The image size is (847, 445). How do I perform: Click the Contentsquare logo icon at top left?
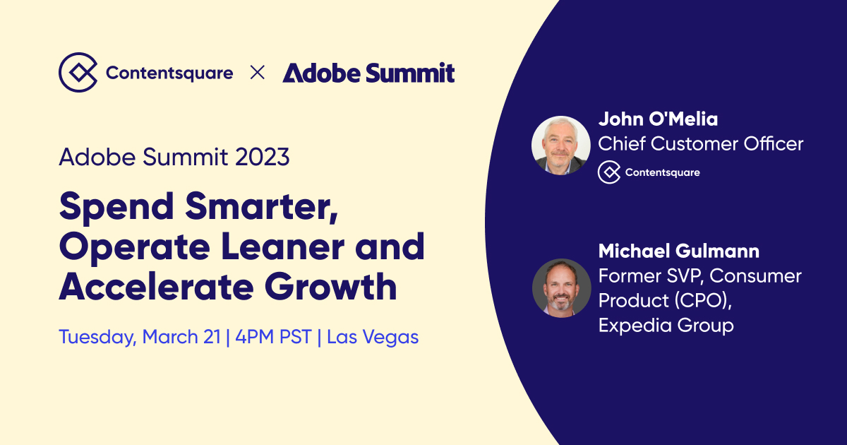[x=78, y=73]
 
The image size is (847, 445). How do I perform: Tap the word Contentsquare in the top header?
[x=169, y=73]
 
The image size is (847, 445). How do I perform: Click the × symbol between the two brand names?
[x=258, y=73]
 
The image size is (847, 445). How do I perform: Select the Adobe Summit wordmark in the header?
[x=368, y=73]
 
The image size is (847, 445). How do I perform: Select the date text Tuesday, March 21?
[x=139, y=337]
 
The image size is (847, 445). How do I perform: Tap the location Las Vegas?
[x=373, y=337]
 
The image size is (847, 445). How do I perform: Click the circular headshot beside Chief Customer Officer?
[x=560, y=145]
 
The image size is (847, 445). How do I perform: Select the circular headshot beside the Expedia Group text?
[x=561, y=287]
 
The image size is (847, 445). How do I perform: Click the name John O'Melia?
[x=658, y=119]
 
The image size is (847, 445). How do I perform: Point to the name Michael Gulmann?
[x=678, y=251]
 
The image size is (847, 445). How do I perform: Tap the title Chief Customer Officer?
[x=700, y=144]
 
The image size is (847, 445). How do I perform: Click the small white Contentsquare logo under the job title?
[x=649, y=172]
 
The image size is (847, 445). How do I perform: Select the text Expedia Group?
[x=666, y=325]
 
